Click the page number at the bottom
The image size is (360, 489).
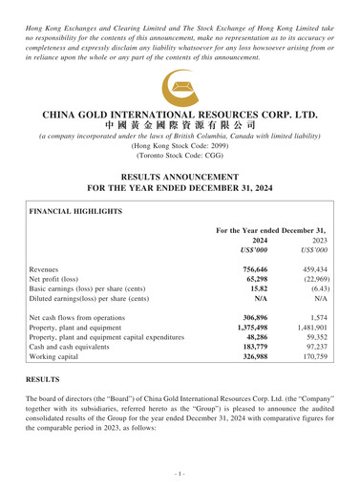[x=180, y=474]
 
